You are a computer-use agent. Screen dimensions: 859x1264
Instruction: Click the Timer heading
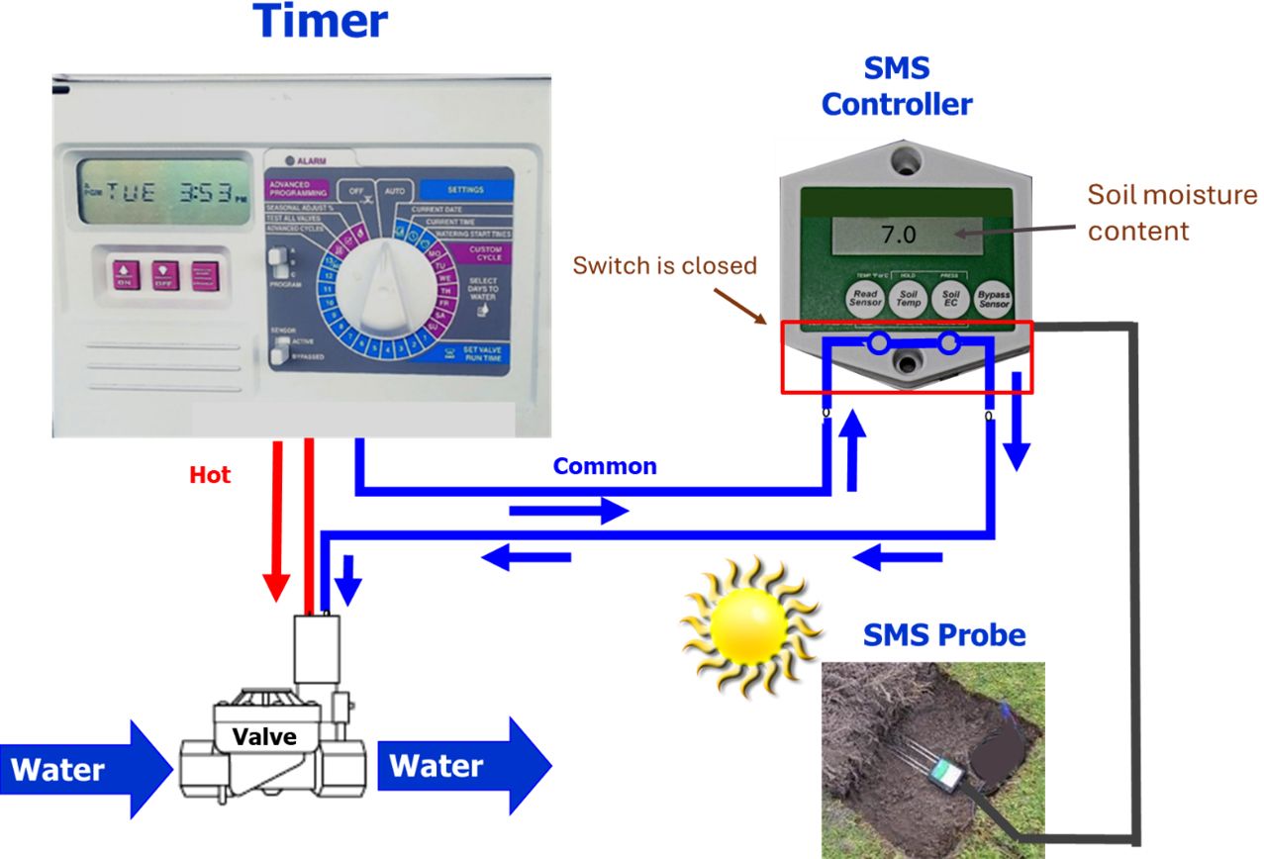(x=321, y=22)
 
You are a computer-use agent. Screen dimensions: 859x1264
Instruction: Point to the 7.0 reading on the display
(x=898, y=237)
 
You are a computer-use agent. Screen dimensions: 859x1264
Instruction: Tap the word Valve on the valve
(x=264, y=736)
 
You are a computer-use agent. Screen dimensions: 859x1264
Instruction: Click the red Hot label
(x=210, y=475)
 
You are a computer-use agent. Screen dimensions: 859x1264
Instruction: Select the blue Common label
(x=604, y=466)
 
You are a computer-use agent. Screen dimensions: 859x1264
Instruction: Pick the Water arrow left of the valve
(x=84, y=770)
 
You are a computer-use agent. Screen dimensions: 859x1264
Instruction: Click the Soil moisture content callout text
(x=1171, y=212)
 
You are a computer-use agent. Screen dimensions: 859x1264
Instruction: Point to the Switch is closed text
(x=664, y=265)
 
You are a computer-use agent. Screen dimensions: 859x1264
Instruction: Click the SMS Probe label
(x=943, y=634)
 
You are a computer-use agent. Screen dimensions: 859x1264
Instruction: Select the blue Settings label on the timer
(x=465, y=189)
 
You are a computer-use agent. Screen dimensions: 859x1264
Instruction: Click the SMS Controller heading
(x=897, y=86)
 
